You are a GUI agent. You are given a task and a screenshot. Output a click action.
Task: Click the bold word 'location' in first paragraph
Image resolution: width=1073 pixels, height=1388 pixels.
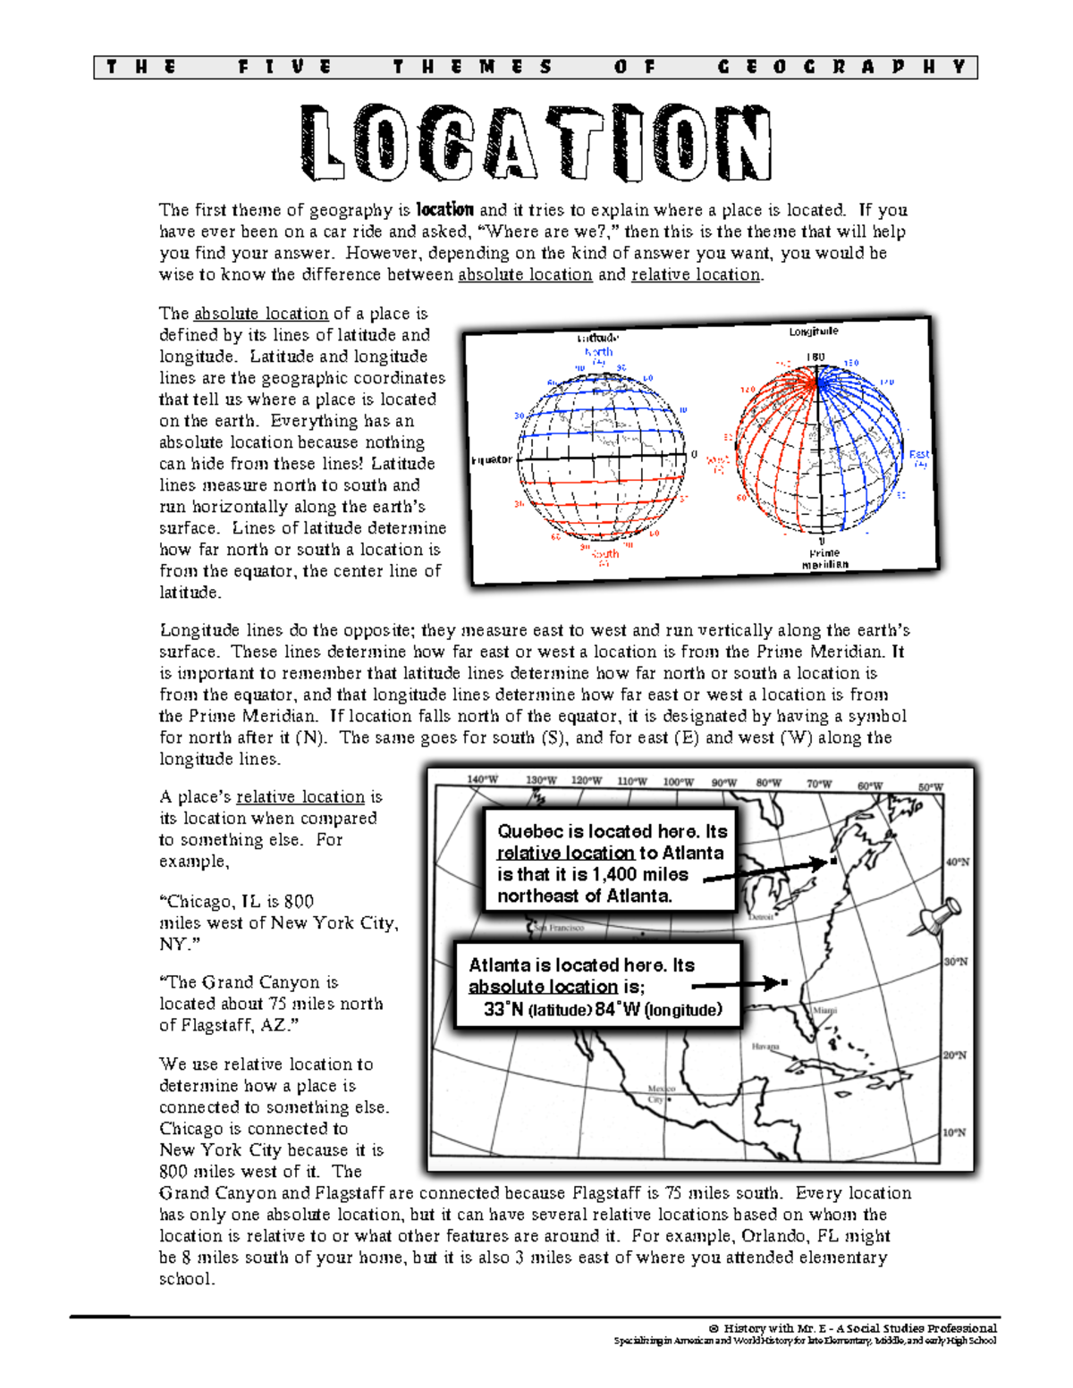click(x=444, y=210)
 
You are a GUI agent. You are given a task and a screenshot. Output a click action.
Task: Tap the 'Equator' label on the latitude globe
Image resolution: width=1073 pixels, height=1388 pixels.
click(x=492, y=459)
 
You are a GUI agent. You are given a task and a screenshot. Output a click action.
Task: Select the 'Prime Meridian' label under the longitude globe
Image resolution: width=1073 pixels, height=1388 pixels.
click(x=824, y=559)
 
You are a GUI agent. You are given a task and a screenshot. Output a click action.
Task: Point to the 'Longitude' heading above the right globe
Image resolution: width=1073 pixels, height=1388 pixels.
click(x=813, y=332)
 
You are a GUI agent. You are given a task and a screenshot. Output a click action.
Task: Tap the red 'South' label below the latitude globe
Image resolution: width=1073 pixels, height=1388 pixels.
click(x=605, y=554)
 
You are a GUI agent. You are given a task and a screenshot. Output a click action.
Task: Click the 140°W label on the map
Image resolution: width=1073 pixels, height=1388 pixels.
click(x=482, y=779)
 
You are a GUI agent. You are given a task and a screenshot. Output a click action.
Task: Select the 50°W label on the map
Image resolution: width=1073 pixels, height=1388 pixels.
click(x=930, y=787)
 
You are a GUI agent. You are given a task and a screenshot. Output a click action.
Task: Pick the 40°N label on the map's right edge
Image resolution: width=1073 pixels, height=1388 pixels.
click(x=957, y=862)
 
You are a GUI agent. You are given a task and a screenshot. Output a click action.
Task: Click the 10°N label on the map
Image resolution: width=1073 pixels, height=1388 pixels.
click(x=954, y=1132)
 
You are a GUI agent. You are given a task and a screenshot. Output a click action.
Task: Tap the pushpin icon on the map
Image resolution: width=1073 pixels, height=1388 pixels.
click(x=939, y=916)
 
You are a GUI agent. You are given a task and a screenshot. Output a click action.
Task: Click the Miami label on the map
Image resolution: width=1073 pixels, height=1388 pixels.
click(x=824, y=1010)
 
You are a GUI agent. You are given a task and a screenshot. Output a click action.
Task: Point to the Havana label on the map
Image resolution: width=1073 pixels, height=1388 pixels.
click(x=765, y=1047)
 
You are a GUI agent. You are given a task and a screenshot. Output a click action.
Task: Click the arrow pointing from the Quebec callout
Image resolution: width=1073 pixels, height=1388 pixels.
click(x=769, y=871)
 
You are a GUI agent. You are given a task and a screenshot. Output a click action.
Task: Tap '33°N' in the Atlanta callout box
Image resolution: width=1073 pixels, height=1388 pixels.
click(x=503, y=1010)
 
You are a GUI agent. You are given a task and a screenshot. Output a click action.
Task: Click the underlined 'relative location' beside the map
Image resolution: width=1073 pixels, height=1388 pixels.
click(x=300, y=796)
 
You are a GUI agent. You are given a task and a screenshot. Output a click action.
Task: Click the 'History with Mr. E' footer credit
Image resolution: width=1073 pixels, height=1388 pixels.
click(x=858, y=1328)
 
